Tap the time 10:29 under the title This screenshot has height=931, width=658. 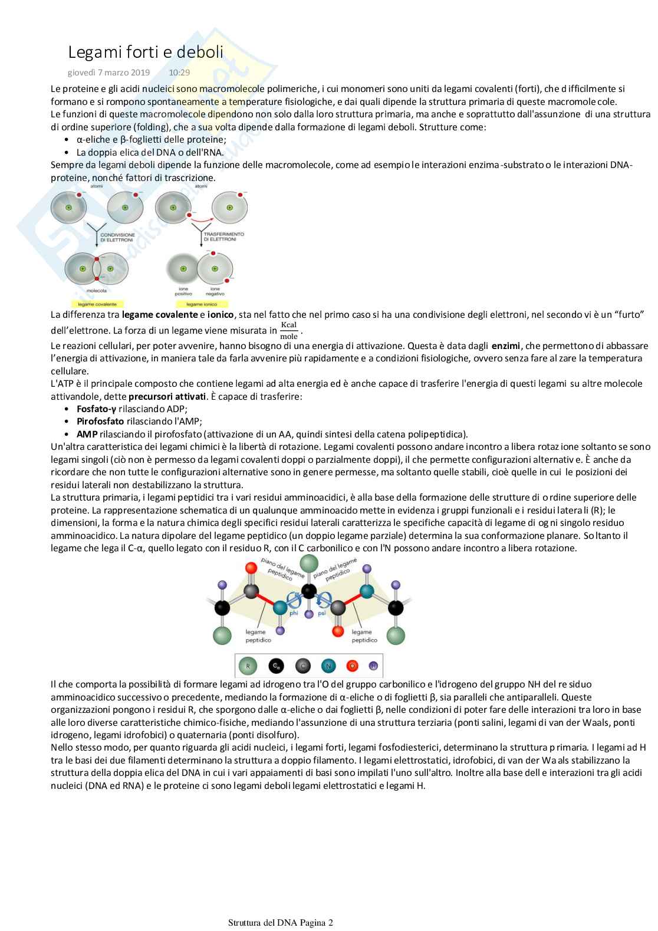[x=179, y=73]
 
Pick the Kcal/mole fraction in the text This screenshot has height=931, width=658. [x=289, y=331]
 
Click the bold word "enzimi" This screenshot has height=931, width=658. [x=506, y=346]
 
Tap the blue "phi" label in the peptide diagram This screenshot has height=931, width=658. [x=294, y=613]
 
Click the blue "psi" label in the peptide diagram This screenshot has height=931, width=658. [x=322, y=613]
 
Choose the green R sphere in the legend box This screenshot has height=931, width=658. [x=248, y=666]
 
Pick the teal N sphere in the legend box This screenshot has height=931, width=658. [x=328, y=666]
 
